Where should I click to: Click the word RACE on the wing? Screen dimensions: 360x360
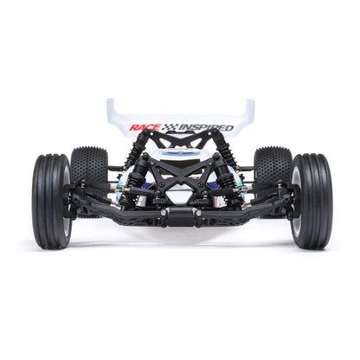144,127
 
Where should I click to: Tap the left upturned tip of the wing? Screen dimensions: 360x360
112,108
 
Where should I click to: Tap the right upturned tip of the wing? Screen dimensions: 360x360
249,108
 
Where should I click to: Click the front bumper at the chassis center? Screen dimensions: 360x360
180,213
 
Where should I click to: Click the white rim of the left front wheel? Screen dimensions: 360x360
66,201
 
